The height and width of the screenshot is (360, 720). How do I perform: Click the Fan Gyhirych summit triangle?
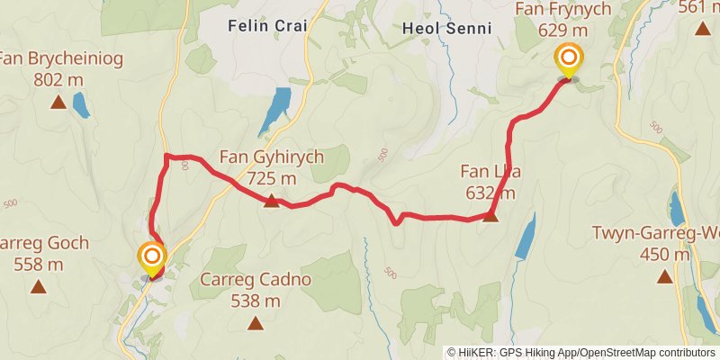coord(272,201)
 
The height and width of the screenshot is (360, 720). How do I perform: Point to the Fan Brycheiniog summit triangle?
coord(58,102)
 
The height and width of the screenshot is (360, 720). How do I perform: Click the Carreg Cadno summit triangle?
coord(256,322)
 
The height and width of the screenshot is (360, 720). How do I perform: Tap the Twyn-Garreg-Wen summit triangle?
coord(664,276)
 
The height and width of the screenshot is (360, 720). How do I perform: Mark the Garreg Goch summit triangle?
coord(38,287)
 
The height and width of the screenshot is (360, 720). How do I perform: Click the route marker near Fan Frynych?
coord(569,60)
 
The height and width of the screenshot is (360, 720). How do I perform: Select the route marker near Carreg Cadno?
coord(152,259)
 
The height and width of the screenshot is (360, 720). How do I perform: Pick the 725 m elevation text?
coord(271,178)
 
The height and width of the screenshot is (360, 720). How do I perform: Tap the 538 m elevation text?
coord(256,301)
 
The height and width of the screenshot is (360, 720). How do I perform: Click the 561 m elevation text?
coord(701,8)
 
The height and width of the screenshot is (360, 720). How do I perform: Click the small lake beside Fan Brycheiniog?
coord(80,105)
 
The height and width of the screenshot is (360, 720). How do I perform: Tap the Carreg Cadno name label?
coord(256,280)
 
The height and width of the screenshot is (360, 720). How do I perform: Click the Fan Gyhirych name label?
coord(271,157)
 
